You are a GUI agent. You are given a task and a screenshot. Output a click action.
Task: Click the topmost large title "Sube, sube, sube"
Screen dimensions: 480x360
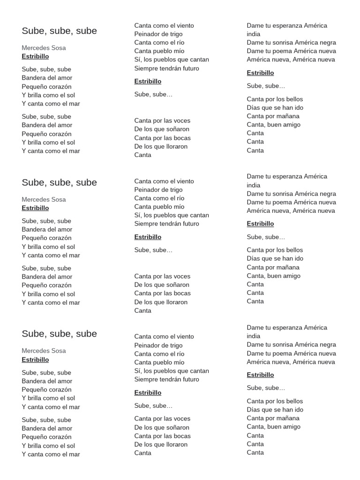(x=59, y=31)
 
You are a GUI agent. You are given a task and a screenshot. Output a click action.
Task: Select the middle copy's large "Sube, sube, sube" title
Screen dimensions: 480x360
(x=59, y=182)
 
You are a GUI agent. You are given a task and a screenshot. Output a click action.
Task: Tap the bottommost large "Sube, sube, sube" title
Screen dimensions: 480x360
(x=59, y=334)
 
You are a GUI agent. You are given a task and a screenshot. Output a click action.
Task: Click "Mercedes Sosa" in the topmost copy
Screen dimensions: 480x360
(x=44, y=48)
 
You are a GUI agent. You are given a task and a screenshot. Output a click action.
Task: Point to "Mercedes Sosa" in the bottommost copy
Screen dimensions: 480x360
(x=44, y=351)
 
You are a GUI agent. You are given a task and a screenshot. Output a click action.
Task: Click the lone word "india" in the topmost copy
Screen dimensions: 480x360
(x=254, y=34)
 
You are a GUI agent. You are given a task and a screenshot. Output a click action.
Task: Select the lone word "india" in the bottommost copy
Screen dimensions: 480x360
(x=254, y=336)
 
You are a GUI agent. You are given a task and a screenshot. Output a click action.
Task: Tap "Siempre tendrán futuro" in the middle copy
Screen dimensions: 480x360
(x=166, y=224)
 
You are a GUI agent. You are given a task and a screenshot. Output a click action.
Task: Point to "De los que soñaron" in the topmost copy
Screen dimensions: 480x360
(x=162, y=129)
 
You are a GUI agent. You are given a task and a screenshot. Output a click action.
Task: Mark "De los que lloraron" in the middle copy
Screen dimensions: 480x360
(x=161, y=302)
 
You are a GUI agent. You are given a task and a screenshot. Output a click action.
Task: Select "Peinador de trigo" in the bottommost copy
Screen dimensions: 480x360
(x=158, y=345)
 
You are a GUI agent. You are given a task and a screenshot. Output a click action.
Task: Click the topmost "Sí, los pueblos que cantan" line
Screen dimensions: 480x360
(x=172, y=60)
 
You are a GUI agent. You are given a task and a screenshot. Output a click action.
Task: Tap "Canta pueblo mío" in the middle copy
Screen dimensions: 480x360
(x=159, y=207)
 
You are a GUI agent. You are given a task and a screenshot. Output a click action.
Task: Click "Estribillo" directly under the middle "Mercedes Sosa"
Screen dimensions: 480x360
(x=35, y=208)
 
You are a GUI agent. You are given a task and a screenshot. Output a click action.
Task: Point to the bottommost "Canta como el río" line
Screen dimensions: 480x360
(x=159, y=354)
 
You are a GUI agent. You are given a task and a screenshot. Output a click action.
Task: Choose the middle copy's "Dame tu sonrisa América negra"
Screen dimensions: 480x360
(x=292, y=194)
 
